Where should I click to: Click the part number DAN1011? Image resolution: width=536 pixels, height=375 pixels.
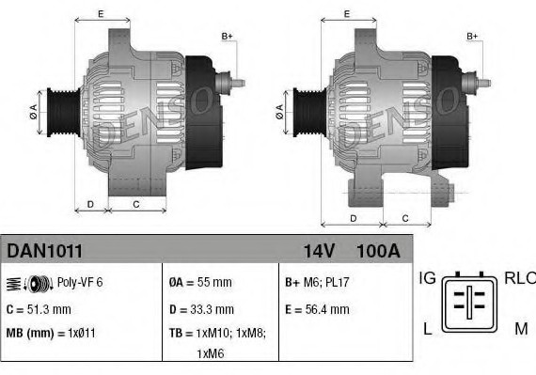click(45, 251)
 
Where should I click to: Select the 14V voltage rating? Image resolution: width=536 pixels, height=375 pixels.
click(319, 251)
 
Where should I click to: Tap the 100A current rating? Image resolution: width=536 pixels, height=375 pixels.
click(378, 251)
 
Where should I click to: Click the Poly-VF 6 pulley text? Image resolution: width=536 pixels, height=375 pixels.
click(81, 282)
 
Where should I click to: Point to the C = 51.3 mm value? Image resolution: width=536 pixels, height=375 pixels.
click(39, 308)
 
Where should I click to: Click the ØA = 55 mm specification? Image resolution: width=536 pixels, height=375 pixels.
click(200, 282)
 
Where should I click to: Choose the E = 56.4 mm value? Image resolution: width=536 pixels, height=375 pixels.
click(316, 308)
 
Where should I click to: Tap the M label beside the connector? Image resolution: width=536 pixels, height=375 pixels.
click(521, 328)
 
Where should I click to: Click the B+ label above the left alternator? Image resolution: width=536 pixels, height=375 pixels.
click(227, 36)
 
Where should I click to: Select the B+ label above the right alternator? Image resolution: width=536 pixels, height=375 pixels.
click(473, 36)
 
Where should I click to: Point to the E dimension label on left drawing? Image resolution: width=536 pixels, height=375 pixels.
click(101, 14)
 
